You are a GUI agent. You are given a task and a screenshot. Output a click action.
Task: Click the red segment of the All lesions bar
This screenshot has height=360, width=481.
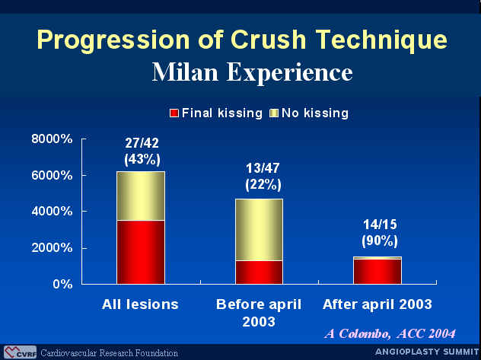click(141, 252)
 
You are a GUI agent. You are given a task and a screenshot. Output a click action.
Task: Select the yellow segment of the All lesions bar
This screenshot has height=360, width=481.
click(141, 196)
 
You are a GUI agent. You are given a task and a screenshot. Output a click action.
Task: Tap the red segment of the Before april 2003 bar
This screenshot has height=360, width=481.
click(260, 272)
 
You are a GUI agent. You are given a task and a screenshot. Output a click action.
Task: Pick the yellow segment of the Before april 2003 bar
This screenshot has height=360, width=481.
click(260, 230)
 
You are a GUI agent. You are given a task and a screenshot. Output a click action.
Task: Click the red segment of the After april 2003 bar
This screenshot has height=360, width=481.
click(377, 272)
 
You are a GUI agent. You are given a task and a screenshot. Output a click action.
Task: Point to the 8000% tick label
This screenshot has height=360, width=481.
click(52, 139)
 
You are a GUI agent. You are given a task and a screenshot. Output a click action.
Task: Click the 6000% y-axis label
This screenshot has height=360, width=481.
click(52, 176)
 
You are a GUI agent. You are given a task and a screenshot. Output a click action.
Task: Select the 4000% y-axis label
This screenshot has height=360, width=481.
click(52, 212)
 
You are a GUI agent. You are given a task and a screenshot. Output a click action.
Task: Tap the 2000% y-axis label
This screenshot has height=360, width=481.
click(52, 248)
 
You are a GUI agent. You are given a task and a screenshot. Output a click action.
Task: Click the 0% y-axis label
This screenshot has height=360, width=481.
click(62, 284)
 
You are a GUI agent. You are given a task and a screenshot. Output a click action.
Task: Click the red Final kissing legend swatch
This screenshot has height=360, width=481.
click(174, 113)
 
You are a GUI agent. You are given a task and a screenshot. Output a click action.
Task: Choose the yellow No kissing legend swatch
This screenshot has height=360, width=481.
click(274, 113)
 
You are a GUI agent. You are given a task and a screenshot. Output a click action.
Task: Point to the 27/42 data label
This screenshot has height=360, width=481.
click(142, 143)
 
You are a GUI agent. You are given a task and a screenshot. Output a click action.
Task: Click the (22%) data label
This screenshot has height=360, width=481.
click(263, 185)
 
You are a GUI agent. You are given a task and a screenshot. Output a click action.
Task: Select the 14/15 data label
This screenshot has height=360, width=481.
click(380, 225)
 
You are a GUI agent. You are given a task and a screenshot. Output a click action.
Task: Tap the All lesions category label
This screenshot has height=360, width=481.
click(140, 304)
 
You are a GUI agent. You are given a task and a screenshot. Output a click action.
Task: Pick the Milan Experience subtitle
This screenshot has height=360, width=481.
click(252, 72)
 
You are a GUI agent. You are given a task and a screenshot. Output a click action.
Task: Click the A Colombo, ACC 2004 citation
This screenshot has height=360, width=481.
click(390, 333)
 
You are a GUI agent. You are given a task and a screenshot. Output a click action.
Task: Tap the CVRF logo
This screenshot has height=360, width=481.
click(21, 352)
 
